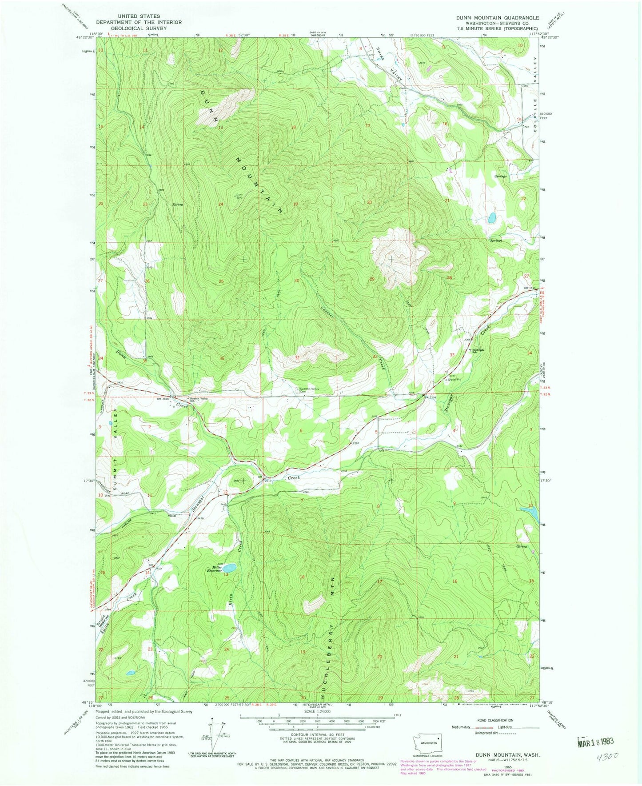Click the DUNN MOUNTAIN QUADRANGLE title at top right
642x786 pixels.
click(x=497, y=18)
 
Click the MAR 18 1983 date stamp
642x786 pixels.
click(x=595, y=742)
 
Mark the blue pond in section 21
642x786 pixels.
click(x=492, y=218)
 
